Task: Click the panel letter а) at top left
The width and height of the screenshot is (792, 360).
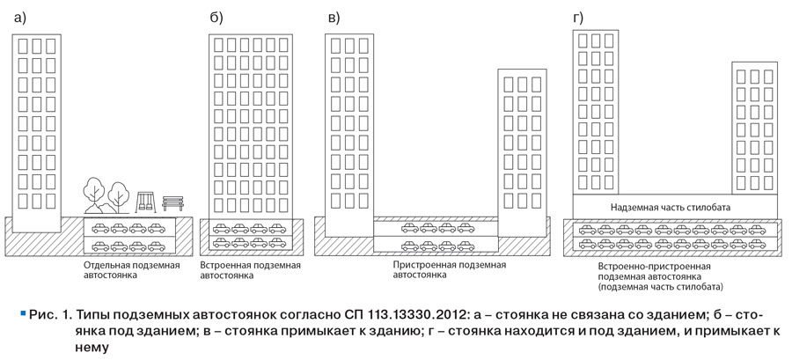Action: click(19, 18)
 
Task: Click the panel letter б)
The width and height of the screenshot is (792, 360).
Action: click(216, 18)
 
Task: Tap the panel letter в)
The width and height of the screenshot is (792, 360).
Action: click(334, 18)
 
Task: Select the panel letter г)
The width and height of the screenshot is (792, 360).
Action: click(578, 18)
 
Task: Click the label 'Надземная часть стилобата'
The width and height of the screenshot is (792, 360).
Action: click(671, 207)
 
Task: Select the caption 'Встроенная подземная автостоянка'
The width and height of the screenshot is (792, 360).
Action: click(251, 270)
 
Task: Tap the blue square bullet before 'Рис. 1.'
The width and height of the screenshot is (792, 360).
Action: click(22, 314)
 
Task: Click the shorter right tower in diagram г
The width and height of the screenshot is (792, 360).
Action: click(755, 128)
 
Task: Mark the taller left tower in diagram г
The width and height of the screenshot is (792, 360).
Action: click(596, 112)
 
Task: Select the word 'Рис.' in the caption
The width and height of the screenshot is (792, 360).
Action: click(40, 315)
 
